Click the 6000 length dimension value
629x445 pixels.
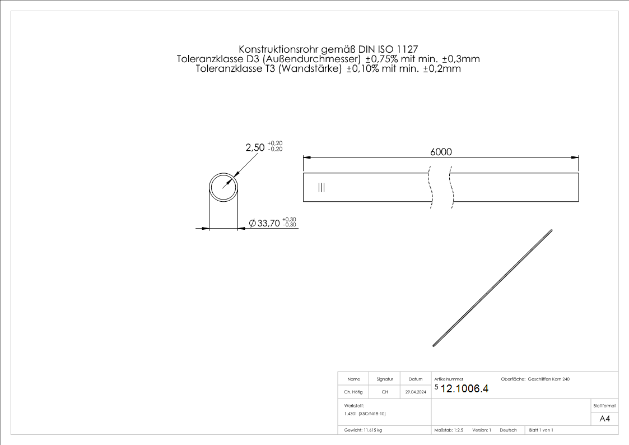click(x=441, y=152)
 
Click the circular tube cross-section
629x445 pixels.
click(x=223, y=186)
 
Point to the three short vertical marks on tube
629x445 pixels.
click(x=321, y=188)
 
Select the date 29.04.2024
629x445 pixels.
click(x=416, y=392)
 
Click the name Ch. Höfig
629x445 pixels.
click(x=353, y=392)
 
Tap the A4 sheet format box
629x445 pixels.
click(x=604, y=419)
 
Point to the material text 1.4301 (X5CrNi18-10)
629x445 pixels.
click(x=365, y=414)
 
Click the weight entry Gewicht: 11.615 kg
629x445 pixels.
click(x=363, y=430)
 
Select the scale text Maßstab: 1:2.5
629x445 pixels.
click(x=449, y=430)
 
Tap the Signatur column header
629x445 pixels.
click(x=385, y=379)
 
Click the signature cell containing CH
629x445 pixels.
click(x=385, y=392)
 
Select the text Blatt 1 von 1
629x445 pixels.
click(x=541, y=430)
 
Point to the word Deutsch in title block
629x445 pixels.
click(x=508, y=430)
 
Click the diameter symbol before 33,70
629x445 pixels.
click(x=252, y=223)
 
